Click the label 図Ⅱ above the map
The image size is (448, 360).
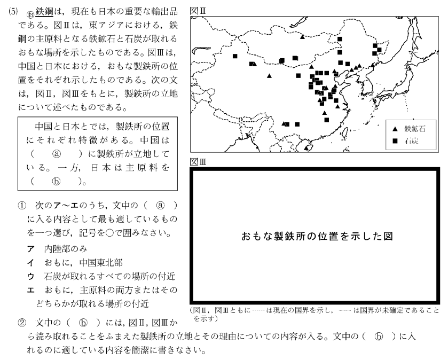(195, 10)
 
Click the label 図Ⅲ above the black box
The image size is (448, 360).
(195, 159)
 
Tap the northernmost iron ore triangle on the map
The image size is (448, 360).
(303, 37)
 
